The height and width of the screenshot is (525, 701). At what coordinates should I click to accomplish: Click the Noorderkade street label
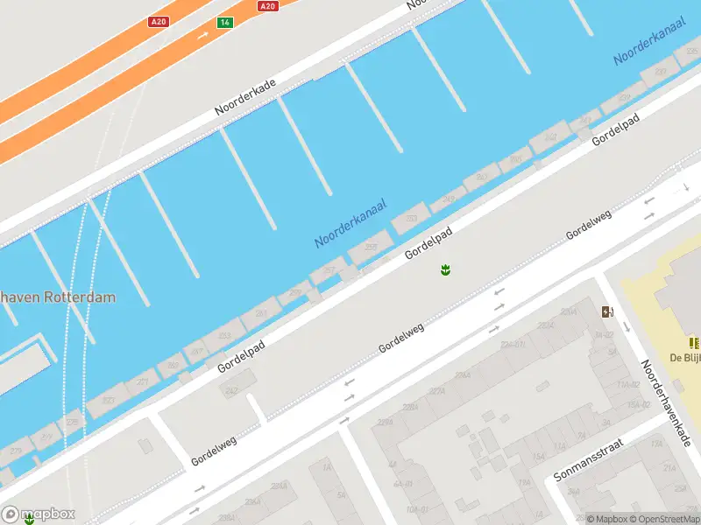(245, 97)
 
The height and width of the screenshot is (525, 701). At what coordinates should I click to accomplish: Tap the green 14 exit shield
(225, 22)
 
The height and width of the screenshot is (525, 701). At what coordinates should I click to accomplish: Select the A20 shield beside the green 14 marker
(159, 22)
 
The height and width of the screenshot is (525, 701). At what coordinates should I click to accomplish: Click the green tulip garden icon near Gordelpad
(446, 270)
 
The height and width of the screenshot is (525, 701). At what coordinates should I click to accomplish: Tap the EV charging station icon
(607, 311)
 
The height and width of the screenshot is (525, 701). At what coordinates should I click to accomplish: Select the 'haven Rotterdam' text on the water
(58, 297)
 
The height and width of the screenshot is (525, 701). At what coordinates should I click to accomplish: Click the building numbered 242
(232, 390)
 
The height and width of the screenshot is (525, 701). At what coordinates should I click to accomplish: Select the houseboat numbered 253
(410, 219)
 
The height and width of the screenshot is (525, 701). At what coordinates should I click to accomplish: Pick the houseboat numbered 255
(371, 248)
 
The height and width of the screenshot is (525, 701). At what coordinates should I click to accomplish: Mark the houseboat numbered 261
(261, 311)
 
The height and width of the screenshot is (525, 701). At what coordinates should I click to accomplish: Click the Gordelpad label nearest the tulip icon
(428, 243)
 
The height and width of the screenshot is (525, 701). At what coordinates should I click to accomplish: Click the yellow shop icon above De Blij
(694, 343)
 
